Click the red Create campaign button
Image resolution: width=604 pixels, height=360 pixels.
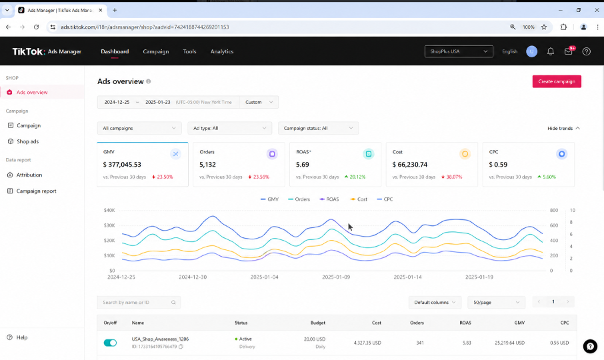557,81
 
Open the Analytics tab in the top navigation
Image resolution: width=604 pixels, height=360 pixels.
222,51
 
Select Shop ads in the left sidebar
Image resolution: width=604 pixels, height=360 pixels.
27,141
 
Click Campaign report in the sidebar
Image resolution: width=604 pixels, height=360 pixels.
36,191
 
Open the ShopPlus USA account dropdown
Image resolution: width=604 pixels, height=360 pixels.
459,51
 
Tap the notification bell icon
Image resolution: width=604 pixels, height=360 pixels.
551,51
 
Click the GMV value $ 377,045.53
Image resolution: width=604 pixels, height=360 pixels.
122,165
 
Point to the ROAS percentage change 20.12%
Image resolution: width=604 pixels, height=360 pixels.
357,177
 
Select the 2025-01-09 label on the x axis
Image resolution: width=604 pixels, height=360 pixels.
336,277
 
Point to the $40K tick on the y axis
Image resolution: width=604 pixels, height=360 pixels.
109,210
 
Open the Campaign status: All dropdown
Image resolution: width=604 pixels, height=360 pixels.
318,128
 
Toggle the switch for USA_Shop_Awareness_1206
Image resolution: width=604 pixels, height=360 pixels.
110,343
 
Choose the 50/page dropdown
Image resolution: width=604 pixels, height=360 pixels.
496,302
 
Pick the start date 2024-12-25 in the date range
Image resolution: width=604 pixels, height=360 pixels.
117,102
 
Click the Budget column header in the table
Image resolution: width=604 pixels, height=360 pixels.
318,323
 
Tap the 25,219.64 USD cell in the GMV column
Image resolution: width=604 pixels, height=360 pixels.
509,343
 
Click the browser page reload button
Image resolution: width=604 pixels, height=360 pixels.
36,27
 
